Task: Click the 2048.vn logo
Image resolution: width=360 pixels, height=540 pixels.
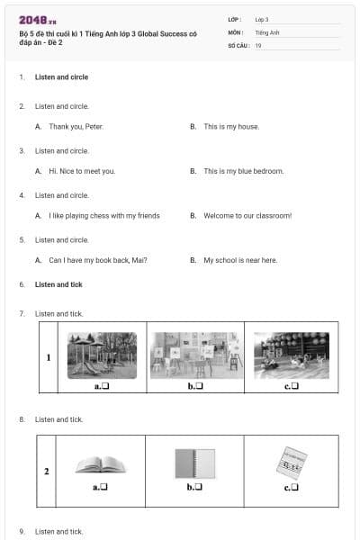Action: coord(38,21)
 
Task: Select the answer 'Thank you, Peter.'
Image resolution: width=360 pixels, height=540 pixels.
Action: coord(76,127)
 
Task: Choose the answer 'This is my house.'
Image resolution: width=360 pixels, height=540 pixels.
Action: coord(231,127)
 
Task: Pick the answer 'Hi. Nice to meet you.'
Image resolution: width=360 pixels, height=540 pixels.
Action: coord(82,171)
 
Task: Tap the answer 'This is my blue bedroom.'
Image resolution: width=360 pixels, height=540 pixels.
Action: coord(244,171)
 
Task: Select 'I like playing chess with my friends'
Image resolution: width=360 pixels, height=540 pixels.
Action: coord(104,216)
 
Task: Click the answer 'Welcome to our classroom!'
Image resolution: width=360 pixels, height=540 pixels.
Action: coord(248,216)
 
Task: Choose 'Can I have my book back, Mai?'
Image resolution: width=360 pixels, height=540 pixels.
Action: coord(98,260)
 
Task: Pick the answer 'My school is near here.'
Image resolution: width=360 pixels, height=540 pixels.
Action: coord(240,260)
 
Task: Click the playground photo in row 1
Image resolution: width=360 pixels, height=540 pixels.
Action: coord(102,355)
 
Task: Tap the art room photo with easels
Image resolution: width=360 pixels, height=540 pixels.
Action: coord(196,355)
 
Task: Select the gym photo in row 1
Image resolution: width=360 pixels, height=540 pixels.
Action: coord(292,355)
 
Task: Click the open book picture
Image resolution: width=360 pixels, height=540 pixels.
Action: coord(101,464)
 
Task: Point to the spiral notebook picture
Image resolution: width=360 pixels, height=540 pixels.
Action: coord(195,463)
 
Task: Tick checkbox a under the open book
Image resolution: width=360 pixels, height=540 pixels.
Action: coord(104,487)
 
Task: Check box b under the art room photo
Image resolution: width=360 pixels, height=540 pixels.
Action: coord(199,386)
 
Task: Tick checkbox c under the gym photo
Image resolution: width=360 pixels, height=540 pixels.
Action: coord(295,386)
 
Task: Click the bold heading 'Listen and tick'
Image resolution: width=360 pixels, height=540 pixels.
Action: coord(58,284)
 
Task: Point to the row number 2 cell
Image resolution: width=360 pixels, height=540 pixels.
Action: coord(47,471)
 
